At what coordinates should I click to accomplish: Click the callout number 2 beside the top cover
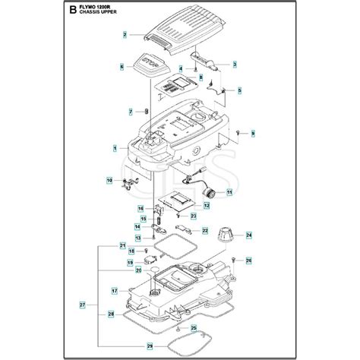click(x=126, y=35)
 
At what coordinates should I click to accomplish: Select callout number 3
click(x=235, y=64)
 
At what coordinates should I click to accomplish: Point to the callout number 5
click(x=240, y=90)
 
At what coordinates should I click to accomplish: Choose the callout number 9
click(x=253, y=134)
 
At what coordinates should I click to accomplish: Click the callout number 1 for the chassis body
click(x=114, y=147)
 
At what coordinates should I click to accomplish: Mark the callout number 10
click(x=109, y=180)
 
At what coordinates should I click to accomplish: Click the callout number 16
click(x=141, y=208)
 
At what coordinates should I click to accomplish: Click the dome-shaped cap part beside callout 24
click(x=226, y=234)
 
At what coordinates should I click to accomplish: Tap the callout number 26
click(x=248, y=261)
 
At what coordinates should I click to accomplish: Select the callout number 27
click(x=83, y=306)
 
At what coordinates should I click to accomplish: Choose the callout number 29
click(x=129, y=346)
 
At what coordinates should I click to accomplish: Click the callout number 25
click(x=193, y=327)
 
